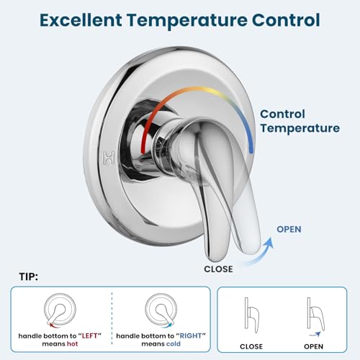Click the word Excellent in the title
(81, 20)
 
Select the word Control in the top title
(286, 20)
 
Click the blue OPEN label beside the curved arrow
(289, 229)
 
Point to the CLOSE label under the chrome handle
(218, 269)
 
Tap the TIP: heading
(29, 276)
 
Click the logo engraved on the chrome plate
(109, 158)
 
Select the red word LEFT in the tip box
(89, 336)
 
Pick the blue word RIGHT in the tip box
(191, 336)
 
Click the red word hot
(73, 344)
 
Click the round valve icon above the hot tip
(60, 310)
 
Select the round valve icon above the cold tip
(161, 310)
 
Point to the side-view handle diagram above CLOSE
(251, 315)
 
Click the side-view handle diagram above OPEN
(315, 315)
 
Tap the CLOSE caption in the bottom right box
(251, 346)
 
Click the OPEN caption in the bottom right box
(313, 346)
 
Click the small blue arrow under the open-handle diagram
(315, 334)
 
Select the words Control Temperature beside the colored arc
(300, 122)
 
